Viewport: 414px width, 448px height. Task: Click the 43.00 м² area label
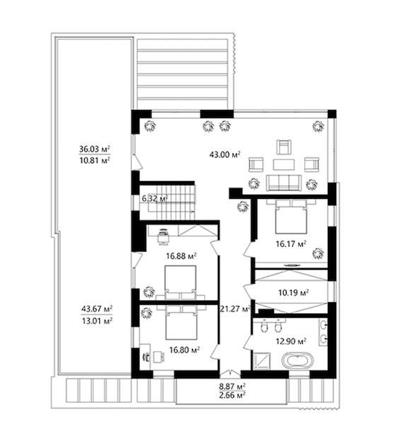[x=224, y=154]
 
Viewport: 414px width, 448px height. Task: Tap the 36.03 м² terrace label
[x=95, y=149]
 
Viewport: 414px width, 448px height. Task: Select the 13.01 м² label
[x=97, y=321]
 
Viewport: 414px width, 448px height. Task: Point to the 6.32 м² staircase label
[x=154, y=198]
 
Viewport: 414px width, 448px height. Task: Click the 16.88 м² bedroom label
[x=181, y=255]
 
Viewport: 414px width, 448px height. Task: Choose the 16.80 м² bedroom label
[x=184, y=350]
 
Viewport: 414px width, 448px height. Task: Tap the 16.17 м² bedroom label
[x=291, y=244]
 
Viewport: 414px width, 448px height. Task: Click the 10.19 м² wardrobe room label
[x=293, y=292]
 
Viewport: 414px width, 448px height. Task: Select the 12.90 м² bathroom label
[x=291, y=341]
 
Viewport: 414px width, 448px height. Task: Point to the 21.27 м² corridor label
[x=235, y=309]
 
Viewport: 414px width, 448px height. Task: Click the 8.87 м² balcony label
[x=232, y=386]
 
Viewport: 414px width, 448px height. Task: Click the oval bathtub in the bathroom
[x=297, y=360]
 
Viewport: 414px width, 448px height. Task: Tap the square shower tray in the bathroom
[x=261, y=360]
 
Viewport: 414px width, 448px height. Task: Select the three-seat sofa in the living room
[x=283, y=183]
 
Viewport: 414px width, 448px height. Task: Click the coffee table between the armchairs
[x=284, y=165]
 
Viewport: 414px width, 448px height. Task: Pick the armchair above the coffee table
[x=284, y=147]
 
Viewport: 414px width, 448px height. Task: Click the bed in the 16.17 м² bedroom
[x=291, y=217]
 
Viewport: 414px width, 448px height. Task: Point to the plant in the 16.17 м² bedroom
[x=318, y=253]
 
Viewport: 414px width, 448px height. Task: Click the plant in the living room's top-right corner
[x=318, y=126]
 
